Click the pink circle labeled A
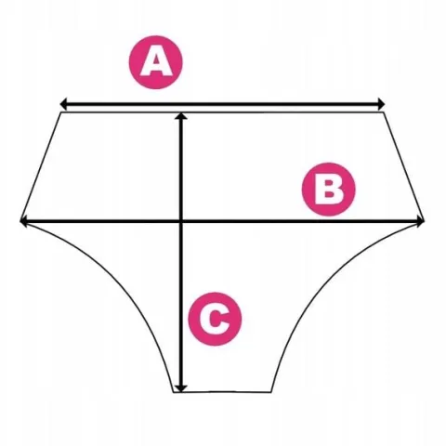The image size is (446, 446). tap(156, 62)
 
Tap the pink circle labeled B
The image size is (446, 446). tap(329, 189)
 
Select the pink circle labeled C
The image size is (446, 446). tap(215, 319)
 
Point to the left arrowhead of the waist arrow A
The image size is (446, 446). tap(63, 104)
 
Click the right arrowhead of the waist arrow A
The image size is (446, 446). tap(381, 104)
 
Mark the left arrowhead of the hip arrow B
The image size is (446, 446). tap(23, 221)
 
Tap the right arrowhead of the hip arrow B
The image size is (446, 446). tap(421, 221)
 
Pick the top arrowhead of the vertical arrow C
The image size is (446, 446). tap(181, 115)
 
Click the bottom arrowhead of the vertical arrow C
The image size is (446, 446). tap(181, 388)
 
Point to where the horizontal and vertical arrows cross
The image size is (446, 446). tap(181, 221)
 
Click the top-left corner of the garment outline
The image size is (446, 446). tap(61, 112)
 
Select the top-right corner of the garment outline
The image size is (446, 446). tap(384, 112)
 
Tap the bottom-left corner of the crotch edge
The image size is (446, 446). tap(174, 392)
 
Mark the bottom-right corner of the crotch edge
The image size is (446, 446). tap(271, 392)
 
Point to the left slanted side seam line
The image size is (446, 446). tap(41, 166)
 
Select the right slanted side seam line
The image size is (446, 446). tap(404, 166)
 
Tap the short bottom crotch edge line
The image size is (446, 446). tap(222, 392)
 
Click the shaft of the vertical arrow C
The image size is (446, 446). tap(181, 252)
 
